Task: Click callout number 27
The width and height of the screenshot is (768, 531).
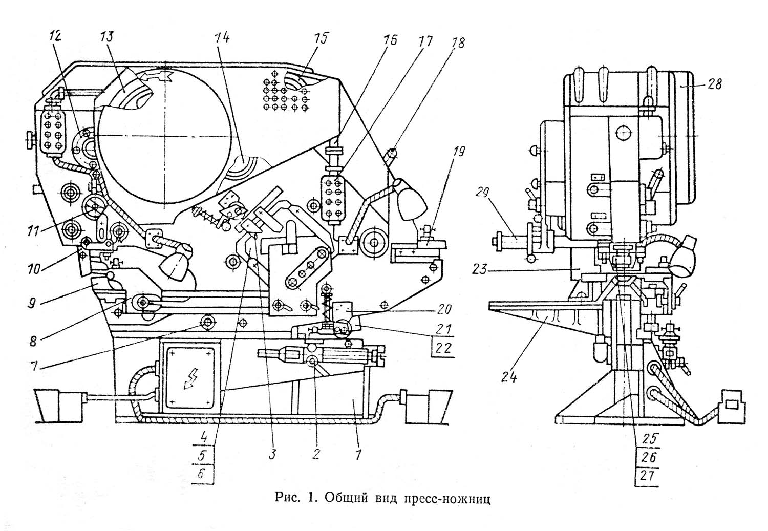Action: pos(647,476)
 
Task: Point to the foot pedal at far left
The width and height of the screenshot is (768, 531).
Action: pos(59,406)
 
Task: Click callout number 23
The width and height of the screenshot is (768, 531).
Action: pos(479,269)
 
